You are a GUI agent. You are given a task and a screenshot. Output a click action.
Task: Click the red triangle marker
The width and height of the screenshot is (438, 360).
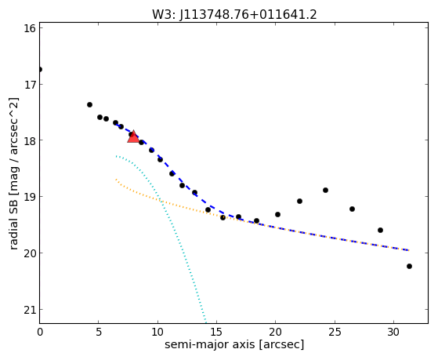click(133, 136)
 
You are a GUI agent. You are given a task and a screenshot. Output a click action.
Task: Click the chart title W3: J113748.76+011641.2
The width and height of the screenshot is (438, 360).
click(234, 15)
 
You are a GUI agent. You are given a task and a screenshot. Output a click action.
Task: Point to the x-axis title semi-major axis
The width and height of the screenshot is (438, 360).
click(209, 344)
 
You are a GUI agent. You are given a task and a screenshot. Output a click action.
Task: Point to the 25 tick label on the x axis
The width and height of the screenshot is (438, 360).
click(335, 332)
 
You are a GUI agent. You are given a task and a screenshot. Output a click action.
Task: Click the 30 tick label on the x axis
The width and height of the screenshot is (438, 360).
click(393, 332)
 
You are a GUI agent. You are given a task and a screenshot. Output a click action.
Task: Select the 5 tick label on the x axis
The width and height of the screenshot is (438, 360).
click(99, 332)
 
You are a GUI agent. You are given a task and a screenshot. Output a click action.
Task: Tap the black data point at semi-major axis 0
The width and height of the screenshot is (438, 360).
click(40, 69)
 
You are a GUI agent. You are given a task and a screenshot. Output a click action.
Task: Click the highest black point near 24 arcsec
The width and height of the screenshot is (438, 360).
click(325, 191)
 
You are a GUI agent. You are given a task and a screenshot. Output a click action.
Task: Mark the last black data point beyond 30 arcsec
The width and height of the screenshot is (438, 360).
click(409, 267)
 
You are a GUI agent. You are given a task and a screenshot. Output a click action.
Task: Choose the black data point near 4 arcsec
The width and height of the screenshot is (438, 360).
click(89, 104)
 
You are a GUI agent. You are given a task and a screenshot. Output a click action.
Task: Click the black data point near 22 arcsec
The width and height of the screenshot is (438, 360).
click(300, 201)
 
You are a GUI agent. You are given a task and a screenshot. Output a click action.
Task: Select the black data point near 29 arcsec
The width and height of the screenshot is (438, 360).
click(380, 231)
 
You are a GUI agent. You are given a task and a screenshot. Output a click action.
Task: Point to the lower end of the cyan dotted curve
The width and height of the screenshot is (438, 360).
click(206, 322)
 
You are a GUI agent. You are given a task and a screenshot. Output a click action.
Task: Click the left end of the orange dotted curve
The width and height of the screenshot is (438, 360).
click(116, 180)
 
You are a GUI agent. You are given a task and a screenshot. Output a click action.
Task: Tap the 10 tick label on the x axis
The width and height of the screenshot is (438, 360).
click(157, 332)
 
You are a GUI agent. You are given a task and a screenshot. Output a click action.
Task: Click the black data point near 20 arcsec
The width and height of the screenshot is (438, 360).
click(277, 215)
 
